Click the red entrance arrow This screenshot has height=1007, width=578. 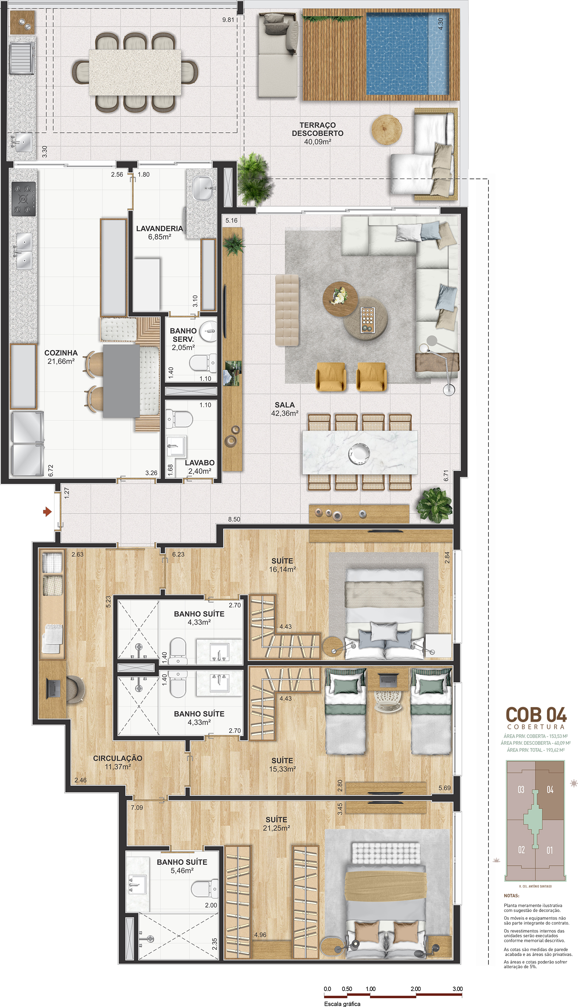pos(47,512)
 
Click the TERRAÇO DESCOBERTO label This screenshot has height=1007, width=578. pos(317,129)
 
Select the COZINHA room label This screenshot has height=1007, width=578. pos(61,353)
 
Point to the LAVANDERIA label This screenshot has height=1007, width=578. pos(160,229)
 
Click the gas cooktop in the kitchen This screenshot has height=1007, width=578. pos(23,199)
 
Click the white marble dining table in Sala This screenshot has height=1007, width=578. pos(360,452)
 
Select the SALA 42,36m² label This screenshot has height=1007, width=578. pos(285,409)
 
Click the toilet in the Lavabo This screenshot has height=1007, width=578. pos(179,419)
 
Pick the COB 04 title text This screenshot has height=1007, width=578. pos(536,715)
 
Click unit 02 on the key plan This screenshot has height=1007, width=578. pos(521,850)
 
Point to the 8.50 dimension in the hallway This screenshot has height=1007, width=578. pos(234,519)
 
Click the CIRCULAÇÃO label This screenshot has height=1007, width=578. pos(118,758)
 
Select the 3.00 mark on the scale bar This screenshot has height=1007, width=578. pos(457,989)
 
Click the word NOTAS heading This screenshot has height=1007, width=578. pos(511,896)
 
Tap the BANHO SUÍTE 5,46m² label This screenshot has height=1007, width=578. pos(182,866)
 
